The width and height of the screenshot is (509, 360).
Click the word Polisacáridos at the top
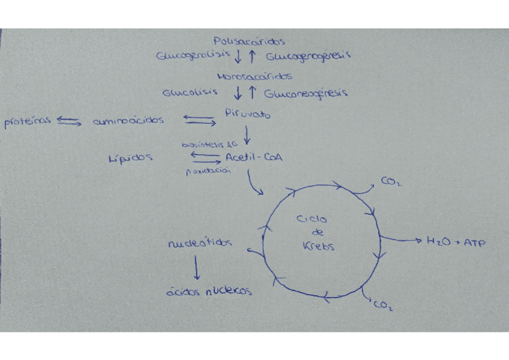[x=248, y=42]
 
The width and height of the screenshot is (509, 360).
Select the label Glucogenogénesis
[x=308, y=56]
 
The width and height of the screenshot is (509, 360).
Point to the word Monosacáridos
[x=254, y=77]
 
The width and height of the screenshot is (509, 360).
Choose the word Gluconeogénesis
[x=306, y=94]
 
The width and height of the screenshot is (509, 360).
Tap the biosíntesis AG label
[x=210, y=145]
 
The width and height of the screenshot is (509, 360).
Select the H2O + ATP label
[x=456, y=242]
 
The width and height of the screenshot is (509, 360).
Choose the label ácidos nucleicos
[x=209, y=292]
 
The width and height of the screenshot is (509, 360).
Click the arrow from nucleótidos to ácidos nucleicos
[x=196, y=268]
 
